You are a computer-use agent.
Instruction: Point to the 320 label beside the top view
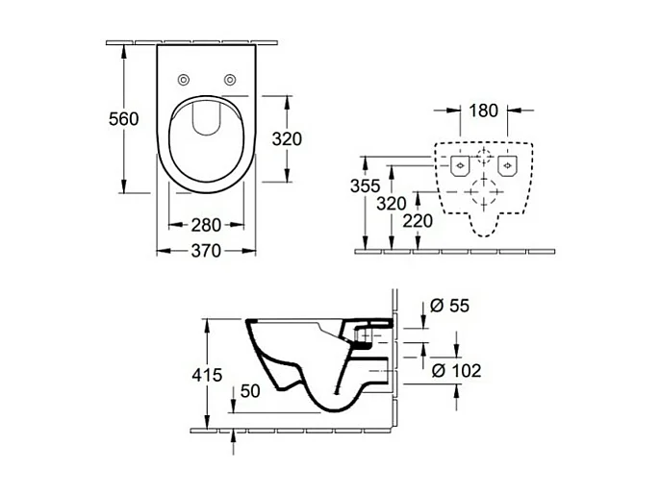click(x=286, y=138)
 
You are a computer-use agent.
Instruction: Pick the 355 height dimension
click(x=366, y=185)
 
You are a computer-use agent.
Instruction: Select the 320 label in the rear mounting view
click(x=391, y=203)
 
